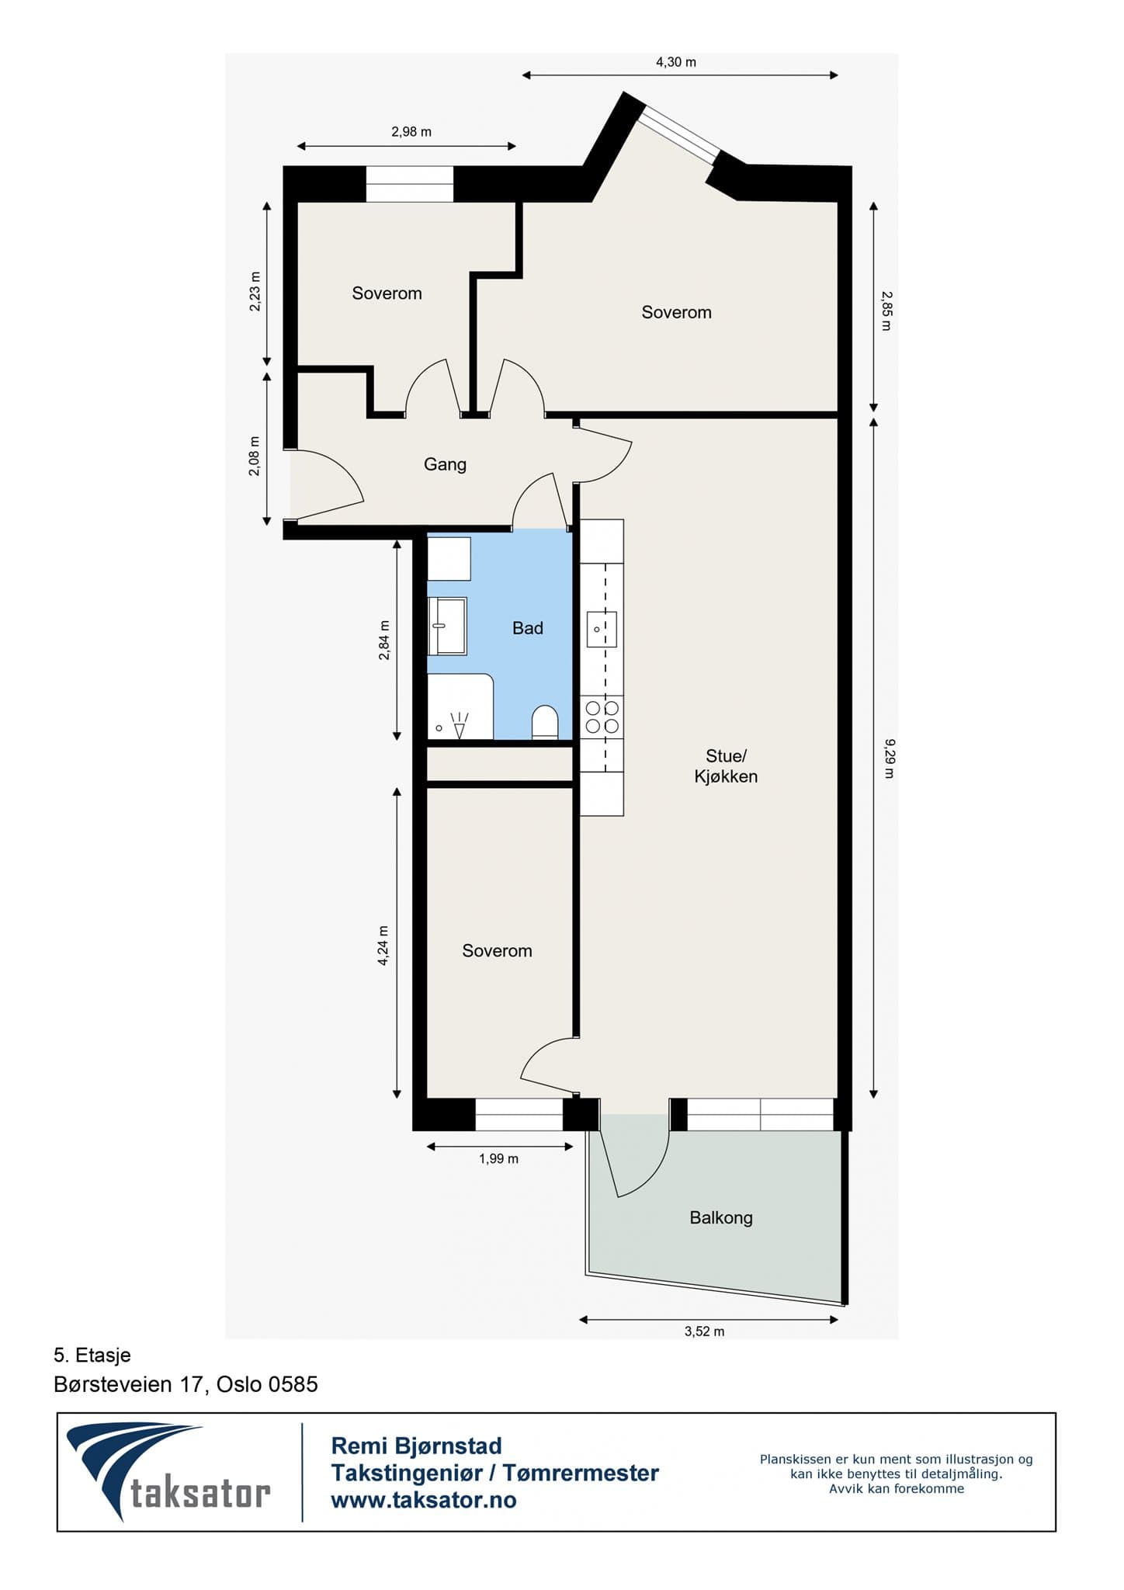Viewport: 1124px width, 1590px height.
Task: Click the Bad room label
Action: (x=527, y=628)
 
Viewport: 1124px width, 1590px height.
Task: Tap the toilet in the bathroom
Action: (x=545, y=722)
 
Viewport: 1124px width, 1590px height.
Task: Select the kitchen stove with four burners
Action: (x=602, y=717)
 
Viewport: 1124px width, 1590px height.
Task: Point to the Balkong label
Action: (x=721, y=1217)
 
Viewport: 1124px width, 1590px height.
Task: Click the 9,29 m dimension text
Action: (x=890, y=759)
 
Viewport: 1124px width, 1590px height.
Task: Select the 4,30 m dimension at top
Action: (x=675, y=62)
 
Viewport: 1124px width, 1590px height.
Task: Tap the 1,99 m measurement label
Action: (x=498, y=1159)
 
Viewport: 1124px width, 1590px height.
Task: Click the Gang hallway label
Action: (x=445, y=464)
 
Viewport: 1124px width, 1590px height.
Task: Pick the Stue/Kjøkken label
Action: (x=726, y=766)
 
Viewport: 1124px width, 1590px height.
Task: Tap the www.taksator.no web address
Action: (x=424, y=1500)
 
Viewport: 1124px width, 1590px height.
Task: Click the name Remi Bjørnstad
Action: (x=416, y=1446)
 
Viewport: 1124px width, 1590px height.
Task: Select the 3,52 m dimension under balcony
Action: (x=704, y=1331)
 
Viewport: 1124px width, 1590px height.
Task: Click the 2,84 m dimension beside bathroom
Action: (x=383, y=641)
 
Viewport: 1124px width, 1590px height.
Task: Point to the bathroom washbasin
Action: (x=448, y=626)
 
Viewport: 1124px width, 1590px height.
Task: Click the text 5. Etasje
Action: (x=92, y=1356)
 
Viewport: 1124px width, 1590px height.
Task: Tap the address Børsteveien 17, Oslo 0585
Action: (x=186, y=1384)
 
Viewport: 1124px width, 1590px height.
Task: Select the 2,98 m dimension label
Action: (x=411, y=132)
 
